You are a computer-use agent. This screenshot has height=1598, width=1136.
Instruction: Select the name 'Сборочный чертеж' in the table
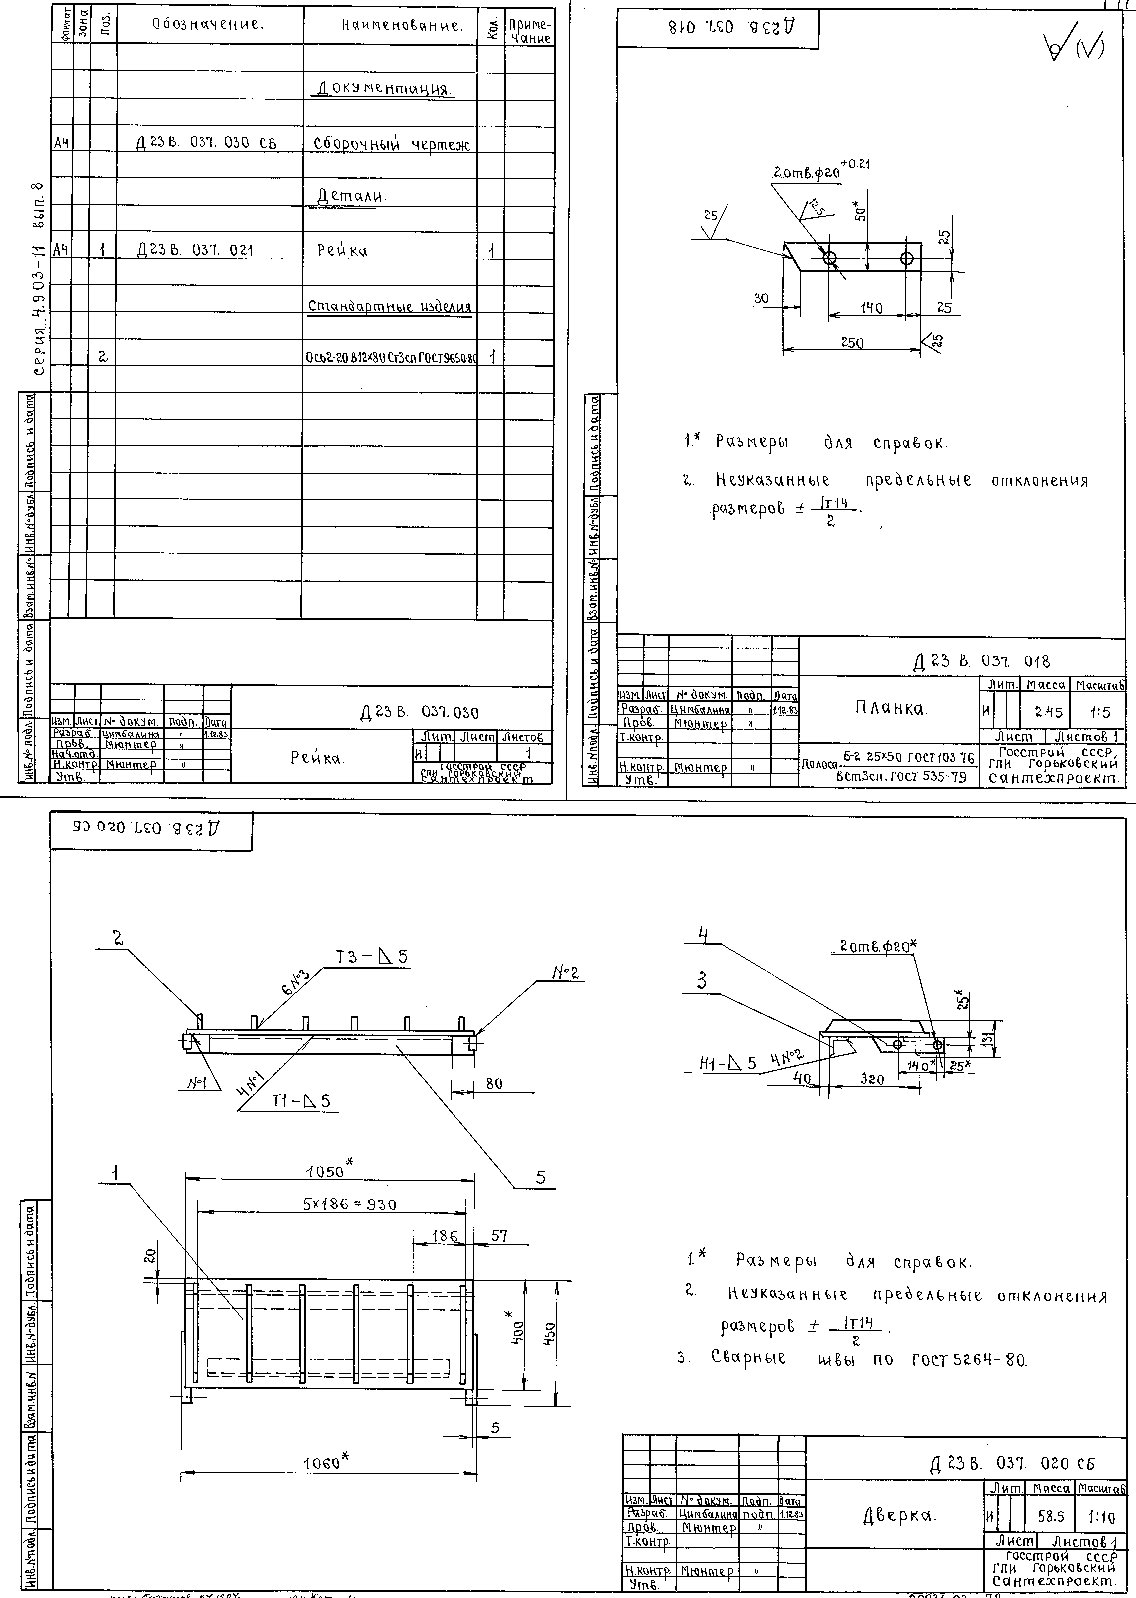pos(391,144)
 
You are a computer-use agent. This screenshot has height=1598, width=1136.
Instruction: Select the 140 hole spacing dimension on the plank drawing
pos(871,308)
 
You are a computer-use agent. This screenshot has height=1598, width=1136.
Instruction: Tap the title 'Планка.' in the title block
pos(890,708)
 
